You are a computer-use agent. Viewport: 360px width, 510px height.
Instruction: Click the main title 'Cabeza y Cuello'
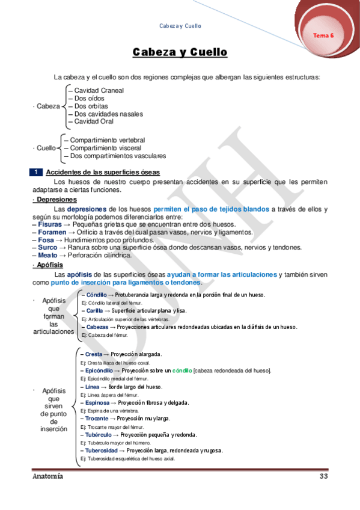(x=180, y=53)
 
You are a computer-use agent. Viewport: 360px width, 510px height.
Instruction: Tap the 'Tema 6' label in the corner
(x=323, y=36)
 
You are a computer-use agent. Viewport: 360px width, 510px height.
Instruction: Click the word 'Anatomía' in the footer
(x=48, y=476)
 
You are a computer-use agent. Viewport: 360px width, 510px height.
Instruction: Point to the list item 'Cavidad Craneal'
(x=99, y=90)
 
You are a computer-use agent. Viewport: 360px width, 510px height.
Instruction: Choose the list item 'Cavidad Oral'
(x=94, y=121)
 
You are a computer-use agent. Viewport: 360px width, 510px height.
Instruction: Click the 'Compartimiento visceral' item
(x=106, y=148)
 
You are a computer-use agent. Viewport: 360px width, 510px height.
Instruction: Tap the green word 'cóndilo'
(x=181, y=370)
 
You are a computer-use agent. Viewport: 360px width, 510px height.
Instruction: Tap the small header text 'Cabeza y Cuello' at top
(x=180, y=26)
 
